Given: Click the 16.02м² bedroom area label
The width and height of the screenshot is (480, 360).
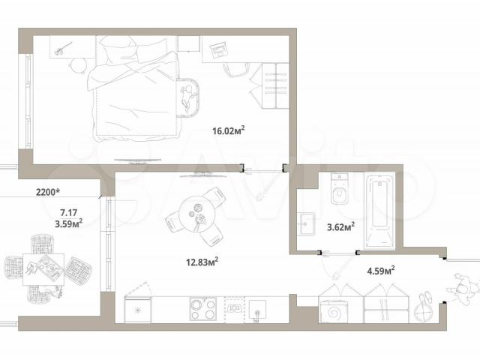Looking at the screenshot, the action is click(x=229, y=130).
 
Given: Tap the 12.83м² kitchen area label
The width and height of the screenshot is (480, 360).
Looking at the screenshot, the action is click(x=202, y=262).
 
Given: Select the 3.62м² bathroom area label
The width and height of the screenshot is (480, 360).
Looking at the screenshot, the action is click(x=341, y=226).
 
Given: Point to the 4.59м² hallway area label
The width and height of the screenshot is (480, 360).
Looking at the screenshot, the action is click(x=381, y=271).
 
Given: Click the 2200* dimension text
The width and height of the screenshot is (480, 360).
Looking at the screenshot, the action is click(x=48, y=192).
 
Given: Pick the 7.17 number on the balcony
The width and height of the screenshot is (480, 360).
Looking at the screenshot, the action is click(x=68, y=212).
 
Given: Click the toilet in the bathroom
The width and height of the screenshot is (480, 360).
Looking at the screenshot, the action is click(x=339, y=188).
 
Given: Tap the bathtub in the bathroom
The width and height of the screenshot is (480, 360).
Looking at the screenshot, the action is click(x=379, y=211).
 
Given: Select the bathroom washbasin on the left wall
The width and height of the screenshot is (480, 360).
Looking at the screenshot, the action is click(x=307, y=223).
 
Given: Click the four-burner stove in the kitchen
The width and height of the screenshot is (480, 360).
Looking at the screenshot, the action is click(x=203, y=308).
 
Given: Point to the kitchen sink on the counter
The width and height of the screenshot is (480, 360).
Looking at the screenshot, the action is click(x=257, y=310).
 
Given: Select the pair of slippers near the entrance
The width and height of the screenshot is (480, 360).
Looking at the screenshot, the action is click(x=426, y=298).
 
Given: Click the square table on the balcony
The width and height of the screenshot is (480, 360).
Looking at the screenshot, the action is click(x=43, y=270).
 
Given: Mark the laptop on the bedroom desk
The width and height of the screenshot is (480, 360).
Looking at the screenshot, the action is click(x=218, y=50).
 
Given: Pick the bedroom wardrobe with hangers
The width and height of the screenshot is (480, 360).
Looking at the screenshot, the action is click(x=275, y=85).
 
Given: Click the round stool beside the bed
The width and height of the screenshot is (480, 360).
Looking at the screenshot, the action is click(x=79, y=65).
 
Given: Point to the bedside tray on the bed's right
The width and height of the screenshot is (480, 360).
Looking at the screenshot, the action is click(x=187, y=97).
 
